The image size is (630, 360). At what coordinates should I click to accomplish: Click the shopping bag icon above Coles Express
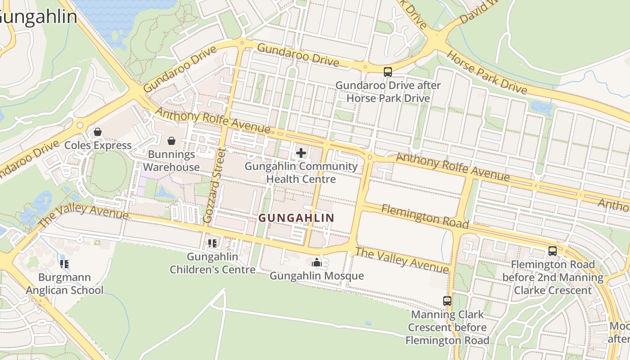[x=97, y=132]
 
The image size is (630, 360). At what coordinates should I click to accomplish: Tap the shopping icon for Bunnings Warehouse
[x=171, y=141]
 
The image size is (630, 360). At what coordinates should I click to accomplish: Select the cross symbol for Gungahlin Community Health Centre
[x=301, y=153]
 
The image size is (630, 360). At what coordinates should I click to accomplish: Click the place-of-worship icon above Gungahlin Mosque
[x=317, y=262]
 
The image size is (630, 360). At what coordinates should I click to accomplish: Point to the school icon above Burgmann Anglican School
[x=64, y=264]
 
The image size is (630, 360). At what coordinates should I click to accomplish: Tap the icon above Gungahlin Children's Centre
[x=212, y=243]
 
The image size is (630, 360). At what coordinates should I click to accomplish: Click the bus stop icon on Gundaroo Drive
[x=387, y=72]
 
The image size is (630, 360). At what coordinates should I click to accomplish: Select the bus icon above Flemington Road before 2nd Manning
[x=553, y=251]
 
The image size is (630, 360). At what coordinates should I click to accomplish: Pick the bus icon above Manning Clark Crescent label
[x=447, y=301]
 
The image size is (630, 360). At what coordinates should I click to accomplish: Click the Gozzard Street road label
[x=214, y=185]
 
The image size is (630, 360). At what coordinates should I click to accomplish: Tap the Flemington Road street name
[x=425, y=216]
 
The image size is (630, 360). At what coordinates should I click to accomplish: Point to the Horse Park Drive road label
[x=486, y=72]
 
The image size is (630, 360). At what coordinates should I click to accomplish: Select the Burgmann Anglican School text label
[x=64, y=284]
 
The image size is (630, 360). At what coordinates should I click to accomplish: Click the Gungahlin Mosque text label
[x=317, y=275]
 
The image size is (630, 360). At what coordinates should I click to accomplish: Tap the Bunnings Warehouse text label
[x=174, y=161]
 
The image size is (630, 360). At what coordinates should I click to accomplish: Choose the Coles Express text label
[x=98, y=145]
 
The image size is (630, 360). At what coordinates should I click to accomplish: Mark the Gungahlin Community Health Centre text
[x=301, y=173]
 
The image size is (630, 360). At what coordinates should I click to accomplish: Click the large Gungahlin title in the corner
[x=38, y=17]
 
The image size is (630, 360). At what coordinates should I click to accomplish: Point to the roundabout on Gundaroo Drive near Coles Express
[x=80, y=125]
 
